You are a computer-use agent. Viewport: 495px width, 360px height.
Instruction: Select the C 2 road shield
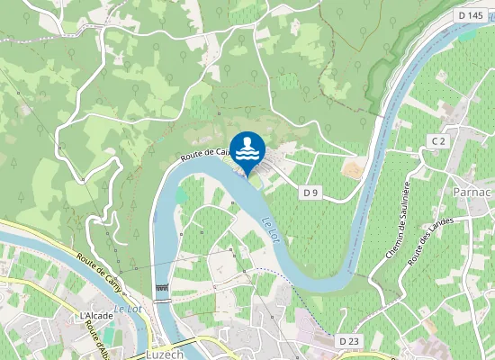tap(438, 141)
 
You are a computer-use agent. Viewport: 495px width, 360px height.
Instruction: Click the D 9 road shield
tap(311, 193)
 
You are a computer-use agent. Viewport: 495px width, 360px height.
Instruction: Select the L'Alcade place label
tap(96, 316)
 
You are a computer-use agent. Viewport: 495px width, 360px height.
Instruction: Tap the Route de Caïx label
tap(202, 154)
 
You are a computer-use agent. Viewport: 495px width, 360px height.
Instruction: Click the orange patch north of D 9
tap(353, 168)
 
